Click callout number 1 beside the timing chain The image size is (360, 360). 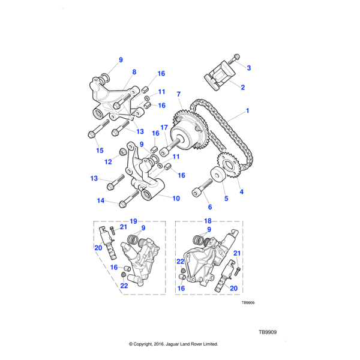pos(247,112)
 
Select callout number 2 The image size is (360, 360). pos(242,88)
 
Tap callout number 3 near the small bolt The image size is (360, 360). pos(249,67)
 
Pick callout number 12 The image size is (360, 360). pos(108,161)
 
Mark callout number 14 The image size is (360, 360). pos(101,201)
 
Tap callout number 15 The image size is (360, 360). pos(100,150)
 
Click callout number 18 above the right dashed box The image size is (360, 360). pos(208,221)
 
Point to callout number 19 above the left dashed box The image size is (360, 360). pos(133,221)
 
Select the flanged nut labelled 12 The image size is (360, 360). pos(119,149)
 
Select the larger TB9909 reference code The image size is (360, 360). pos(267,332)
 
